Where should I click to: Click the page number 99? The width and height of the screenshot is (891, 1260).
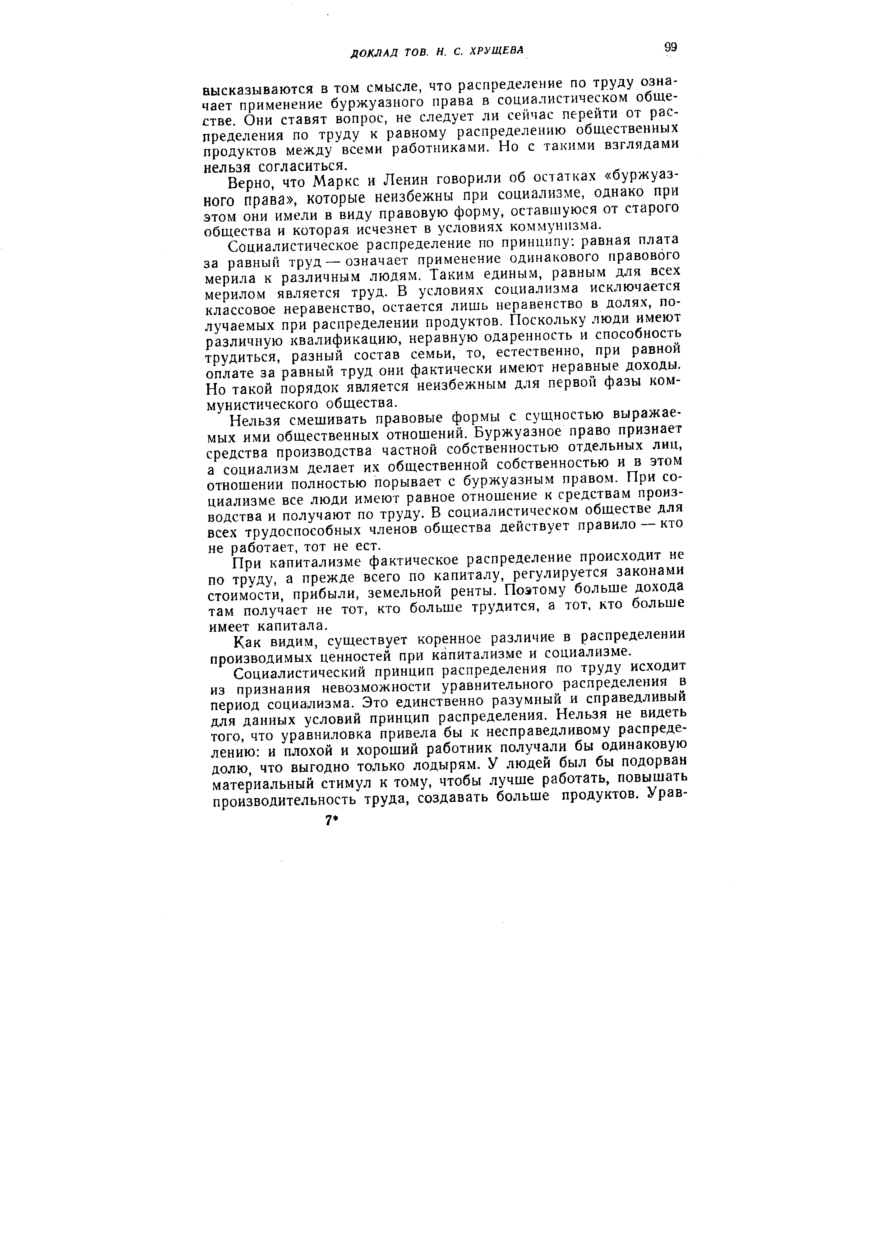point(670,48)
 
